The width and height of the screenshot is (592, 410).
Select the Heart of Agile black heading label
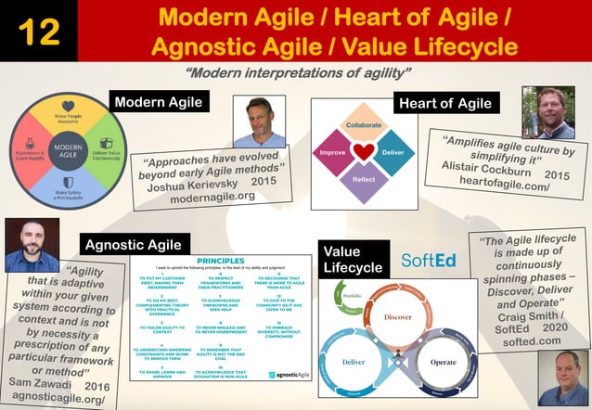pos(444,102)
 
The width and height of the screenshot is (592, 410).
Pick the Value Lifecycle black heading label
pos(353,259)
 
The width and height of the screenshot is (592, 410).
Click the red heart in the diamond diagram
pos(364,151)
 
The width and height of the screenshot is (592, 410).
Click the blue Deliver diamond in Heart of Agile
pos(393,152)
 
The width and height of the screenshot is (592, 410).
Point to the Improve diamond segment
pos(333,152)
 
